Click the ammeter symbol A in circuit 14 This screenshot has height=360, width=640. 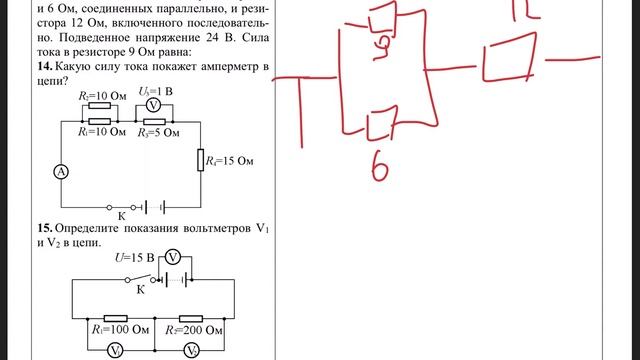(61, 173)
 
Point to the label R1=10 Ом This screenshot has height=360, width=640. (101, 131)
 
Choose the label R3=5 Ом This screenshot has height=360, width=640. (158, 131)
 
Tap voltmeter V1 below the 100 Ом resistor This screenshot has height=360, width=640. (116, 350)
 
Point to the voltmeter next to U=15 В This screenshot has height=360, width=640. (171, 257)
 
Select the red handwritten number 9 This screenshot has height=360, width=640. (381, 43)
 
